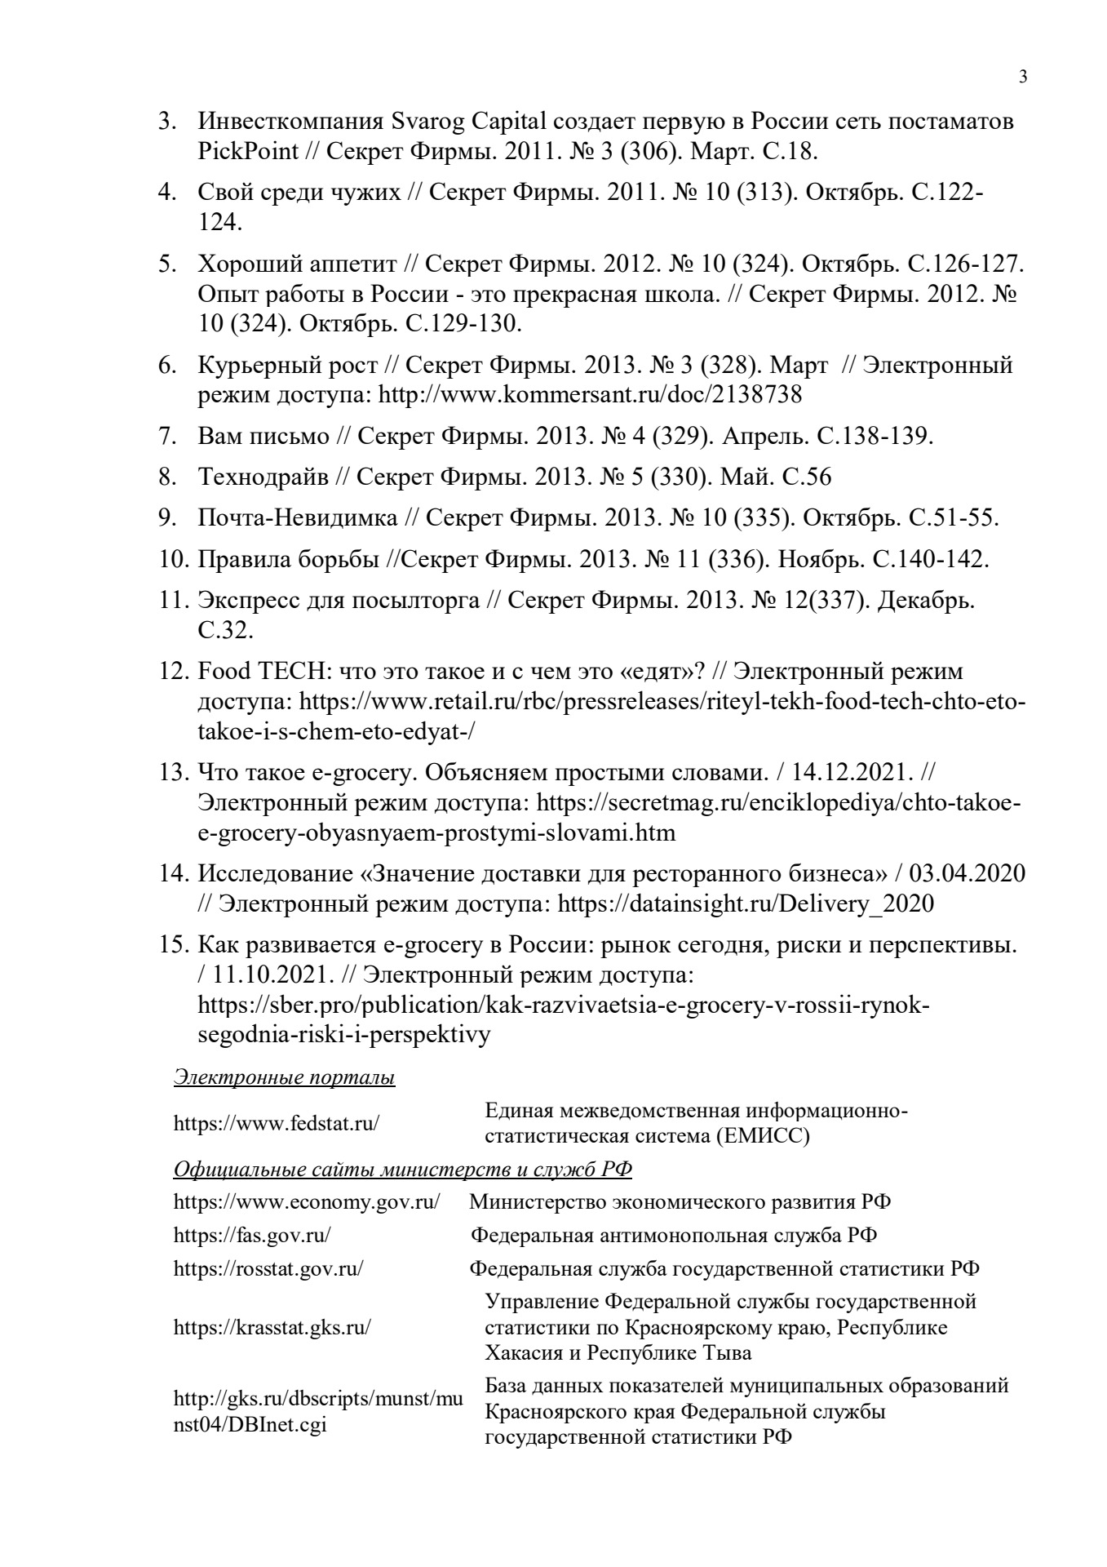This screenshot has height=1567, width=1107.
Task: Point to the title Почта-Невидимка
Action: pos(298,517)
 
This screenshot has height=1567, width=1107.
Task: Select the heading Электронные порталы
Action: pos(285,1078)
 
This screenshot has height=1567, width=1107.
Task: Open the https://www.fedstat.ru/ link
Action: pos(277,1123)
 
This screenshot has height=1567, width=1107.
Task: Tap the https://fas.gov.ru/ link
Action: pos(252,1235)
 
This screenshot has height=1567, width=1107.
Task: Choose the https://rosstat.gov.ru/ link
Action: pos(268,1269)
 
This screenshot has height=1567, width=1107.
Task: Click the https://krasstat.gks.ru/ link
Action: pos(272,1327)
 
